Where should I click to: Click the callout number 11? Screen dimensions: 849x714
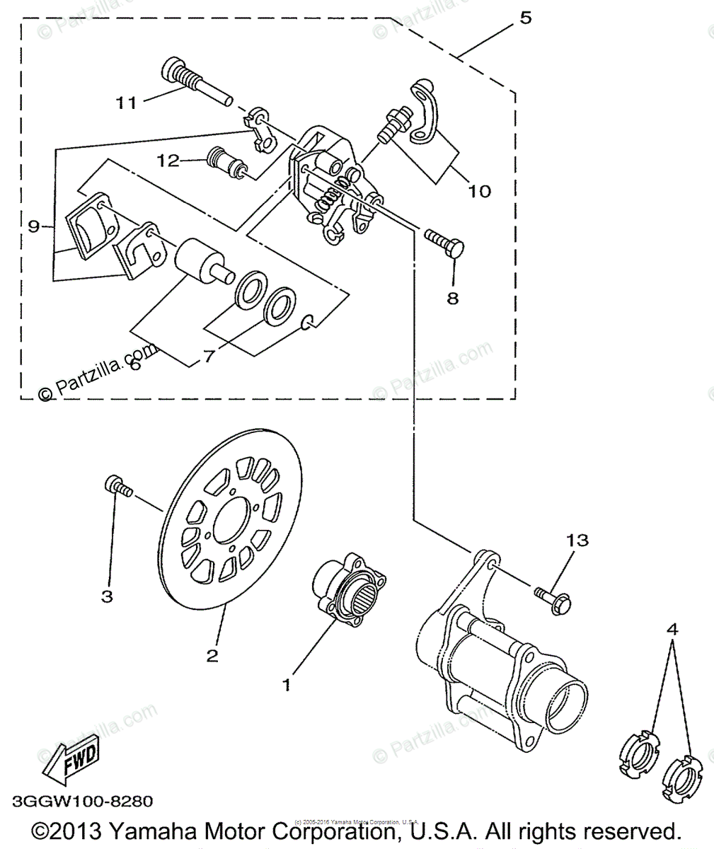126,103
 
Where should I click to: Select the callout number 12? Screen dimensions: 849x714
169,161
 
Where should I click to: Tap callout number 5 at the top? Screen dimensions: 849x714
524,17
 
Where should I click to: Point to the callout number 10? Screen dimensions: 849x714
479,190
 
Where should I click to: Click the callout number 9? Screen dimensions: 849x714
33,226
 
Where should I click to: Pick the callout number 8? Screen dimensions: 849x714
452,298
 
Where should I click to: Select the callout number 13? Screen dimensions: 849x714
577,541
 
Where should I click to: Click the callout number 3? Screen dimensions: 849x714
107,596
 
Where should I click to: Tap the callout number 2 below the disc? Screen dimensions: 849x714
212,655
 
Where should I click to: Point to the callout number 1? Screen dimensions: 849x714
287,685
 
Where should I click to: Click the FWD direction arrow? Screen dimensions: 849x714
71,764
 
